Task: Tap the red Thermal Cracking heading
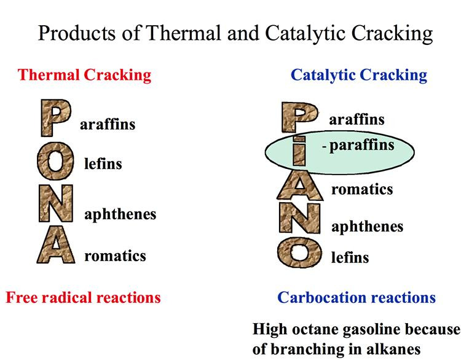[84, 75]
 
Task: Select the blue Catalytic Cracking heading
[359, 75]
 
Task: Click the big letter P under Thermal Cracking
[55, 118]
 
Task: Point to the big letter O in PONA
[55, 161]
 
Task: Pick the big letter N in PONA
[55, 203]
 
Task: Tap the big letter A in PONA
[55, 245]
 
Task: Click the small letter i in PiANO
[299, 151]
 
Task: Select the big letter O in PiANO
[299, 252]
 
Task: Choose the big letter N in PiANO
[299, 218]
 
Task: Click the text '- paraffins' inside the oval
[358, 146]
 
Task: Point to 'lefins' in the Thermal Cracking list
[103, 163]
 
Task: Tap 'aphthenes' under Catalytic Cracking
[367, 227]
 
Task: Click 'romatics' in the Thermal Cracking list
[115, 256]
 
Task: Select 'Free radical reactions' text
[83, 297]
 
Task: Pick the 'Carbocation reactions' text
[357, 297]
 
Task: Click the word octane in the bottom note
[314, 329]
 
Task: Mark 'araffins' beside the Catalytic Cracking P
[357, 120]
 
